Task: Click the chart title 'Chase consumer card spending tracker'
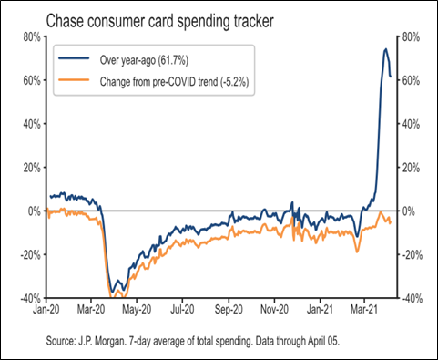point(160,22)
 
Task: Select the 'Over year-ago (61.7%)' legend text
point(144,60)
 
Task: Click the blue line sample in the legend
point(74,57)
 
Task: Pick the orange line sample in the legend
point(74,79)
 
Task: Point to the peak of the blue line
point(386,48)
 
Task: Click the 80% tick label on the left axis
point(32,37)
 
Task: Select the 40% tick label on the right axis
point(411,124)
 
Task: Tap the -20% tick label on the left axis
point(30,255)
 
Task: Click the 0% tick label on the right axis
point(408,211)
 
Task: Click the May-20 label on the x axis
point(137,309)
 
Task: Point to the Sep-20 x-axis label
point(229,309)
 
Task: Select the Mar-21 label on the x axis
point(364,309)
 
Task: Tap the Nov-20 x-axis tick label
point(274,309)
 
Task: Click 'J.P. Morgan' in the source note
point(101,341)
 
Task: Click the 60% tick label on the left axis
point(32,81)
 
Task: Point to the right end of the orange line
point(391,222)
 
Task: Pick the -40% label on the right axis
point(413,299)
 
